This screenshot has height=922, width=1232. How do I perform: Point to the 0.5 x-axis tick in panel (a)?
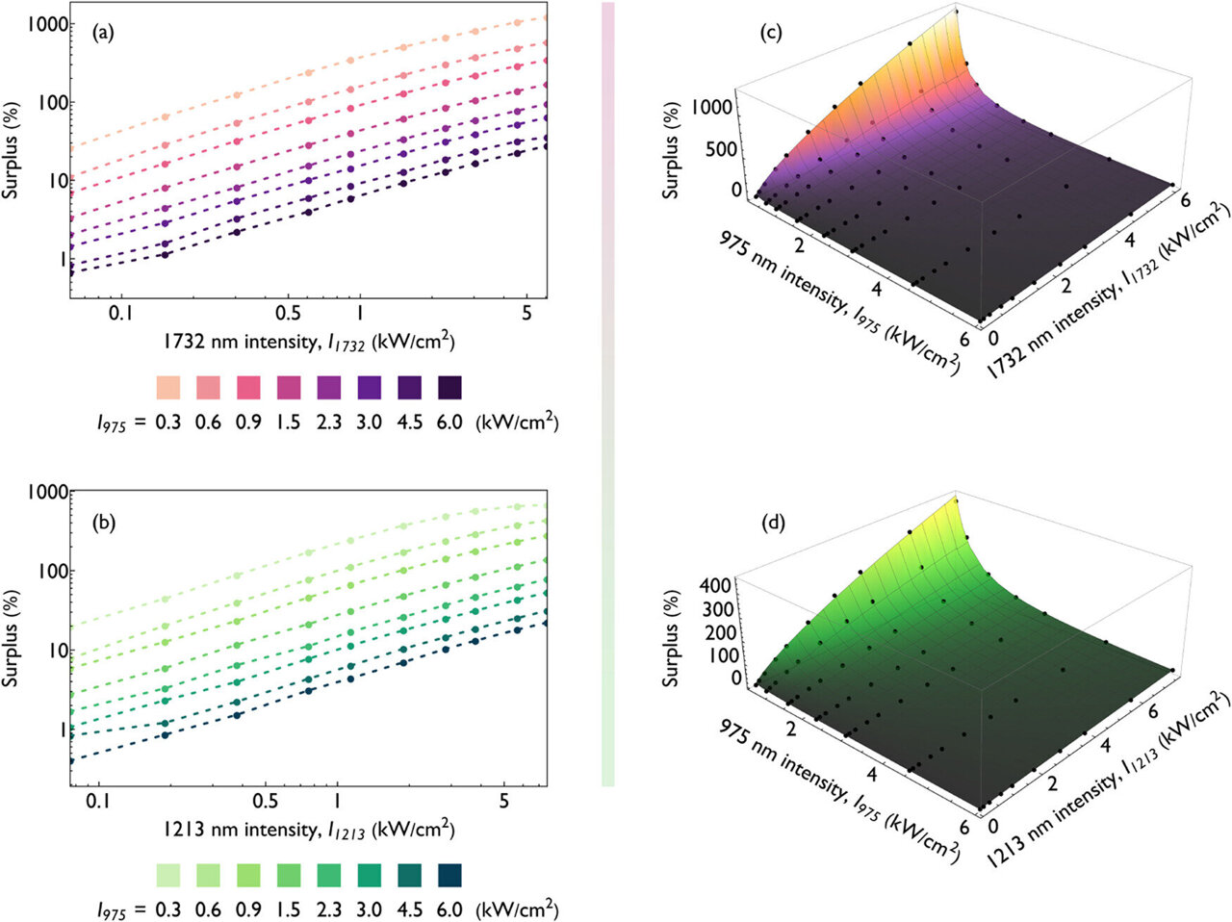pyautogui.click(x=289, y=314)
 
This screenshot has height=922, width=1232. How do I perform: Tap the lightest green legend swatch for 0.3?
pyautogui.click(x=168, y=875)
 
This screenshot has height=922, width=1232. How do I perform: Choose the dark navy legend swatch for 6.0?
pyautogui.click(x=449, y=875)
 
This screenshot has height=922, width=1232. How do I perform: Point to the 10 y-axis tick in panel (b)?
pyautogui.click(x=56, y=651)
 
